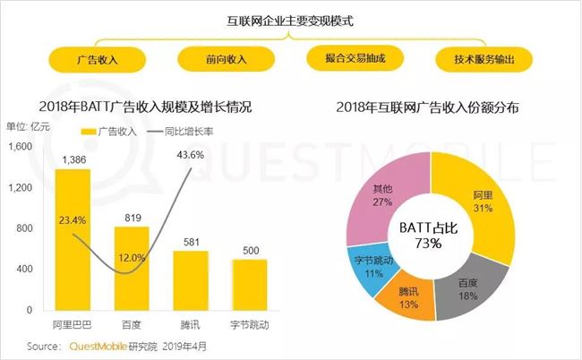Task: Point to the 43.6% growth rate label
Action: pyautogui.click(x=190, y=155)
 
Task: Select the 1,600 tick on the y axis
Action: pyautogui.click(x=23, y=147)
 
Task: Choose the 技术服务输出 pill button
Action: pyautogui.click(x=484, y=60)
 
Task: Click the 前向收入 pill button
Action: pyautogui.click(x=227, y=60)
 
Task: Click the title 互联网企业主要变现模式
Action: pyautogui.click(x=290, y=20)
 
